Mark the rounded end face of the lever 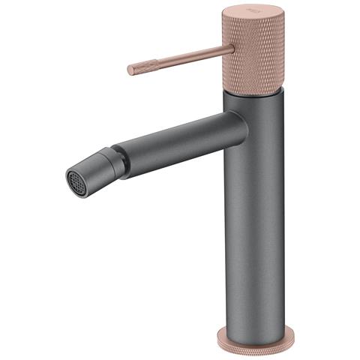pyautogui.click(x=129, y=70)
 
